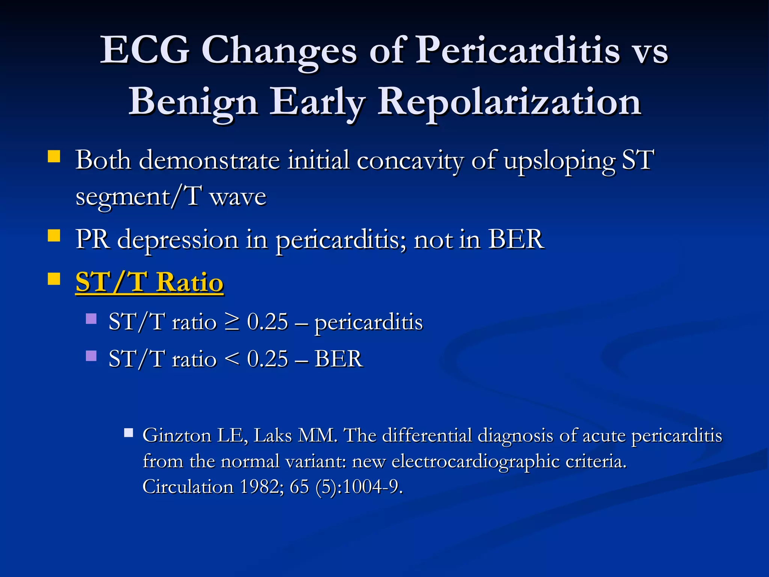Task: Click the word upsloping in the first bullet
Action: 559,161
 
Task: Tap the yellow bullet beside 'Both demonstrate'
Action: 54,156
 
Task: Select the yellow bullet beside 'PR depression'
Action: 54,236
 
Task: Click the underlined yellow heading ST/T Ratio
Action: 149,282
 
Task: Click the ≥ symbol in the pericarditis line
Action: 232,322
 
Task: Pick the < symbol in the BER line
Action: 232,359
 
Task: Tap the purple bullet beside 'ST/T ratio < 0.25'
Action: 91,355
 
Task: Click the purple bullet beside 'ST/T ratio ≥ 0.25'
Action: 91,319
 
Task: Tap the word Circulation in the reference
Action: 188,487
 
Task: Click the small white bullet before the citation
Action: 129,433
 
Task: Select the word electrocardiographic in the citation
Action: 475,461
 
